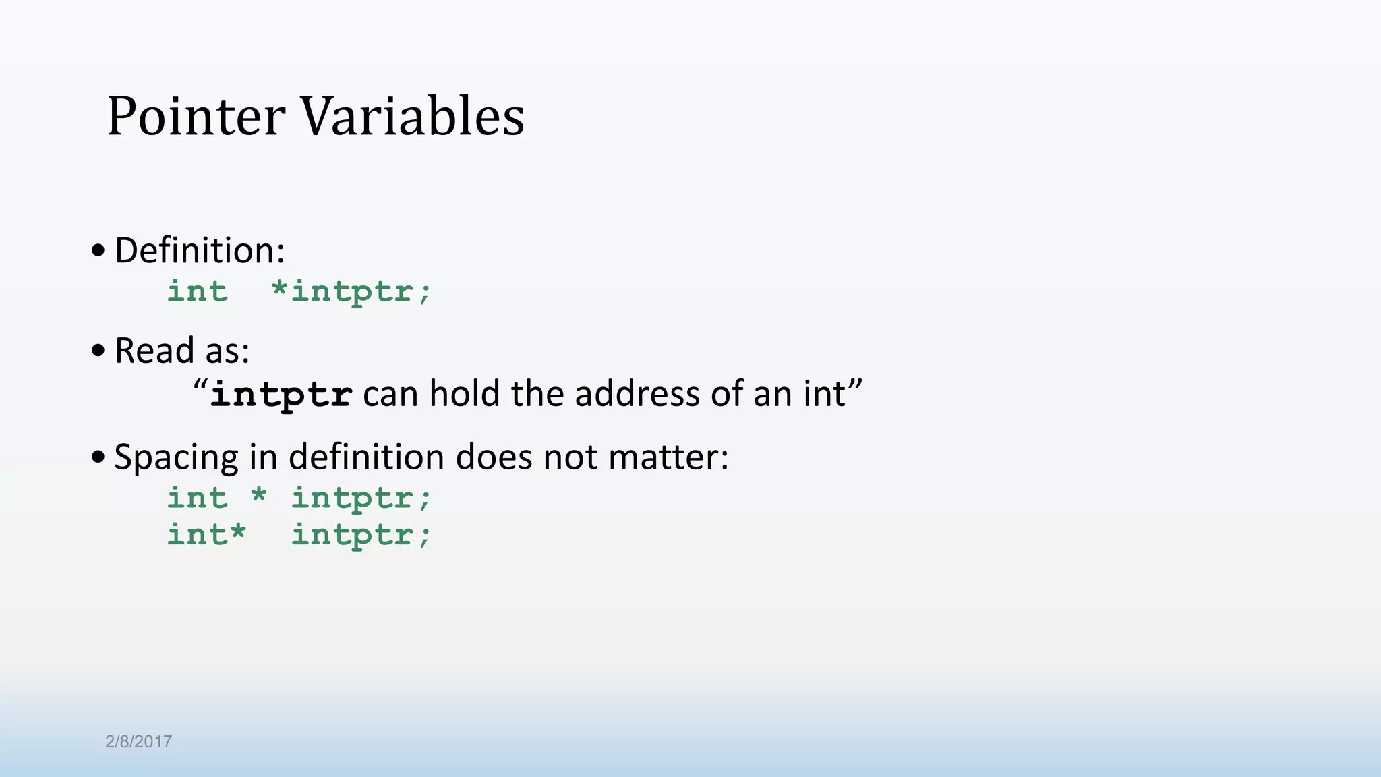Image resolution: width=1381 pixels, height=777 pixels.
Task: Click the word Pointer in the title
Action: tap(196, 116)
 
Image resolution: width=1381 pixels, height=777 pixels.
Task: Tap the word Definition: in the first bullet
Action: tap(200, 251)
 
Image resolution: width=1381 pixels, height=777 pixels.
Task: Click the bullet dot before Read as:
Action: tap(98, 350)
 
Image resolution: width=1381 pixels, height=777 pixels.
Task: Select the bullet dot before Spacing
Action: tap(98, 457)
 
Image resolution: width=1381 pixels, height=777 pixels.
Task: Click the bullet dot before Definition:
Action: tap(98, 251)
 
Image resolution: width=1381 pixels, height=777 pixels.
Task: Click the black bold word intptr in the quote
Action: tap(281, 395)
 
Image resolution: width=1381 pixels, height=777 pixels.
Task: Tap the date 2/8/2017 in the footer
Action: tap(138, 741)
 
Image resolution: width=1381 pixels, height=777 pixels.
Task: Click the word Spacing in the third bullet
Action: tap(176, 458)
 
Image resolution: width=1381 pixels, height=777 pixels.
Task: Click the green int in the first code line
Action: tap(198, 291)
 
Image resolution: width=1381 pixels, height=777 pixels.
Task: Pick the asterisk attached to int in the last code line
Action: tap(237, 532)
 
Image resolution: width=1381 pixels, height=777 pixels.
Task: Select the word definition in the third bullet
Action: tap(367, 457)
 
